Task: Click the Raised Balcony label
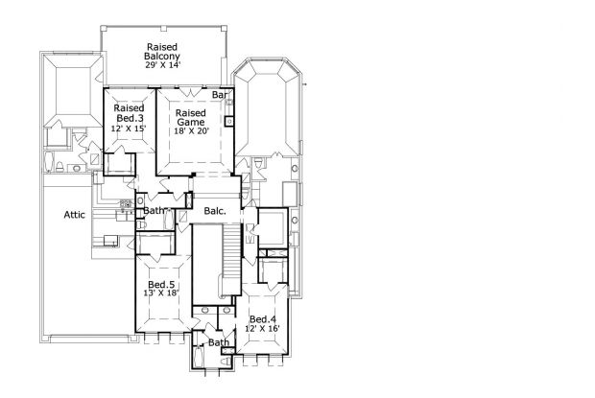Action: [162, 52]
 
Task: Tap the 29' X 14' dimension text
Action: [162, 65]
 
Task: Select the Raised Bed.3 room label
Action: [129, 113]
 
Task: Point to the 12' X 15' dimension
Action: [129, 129]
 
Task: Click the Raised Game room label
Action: [191, 118]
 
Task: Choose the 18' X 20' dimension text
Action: [192, 131]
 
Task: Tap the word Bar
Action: [220, 95]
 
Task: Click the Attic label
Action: [75, 215]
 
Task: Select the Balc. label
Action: [215, 211]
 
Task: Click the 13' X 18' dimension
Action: [161, 293]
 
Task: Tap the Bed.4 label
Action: [263, 319]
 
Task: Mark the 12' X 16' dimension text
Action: [262, 328]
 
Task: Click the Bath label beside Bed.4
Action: [219, 342]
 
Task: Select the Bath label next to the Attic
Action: [154, 211]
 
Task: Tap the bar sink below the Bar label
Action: [229, 121]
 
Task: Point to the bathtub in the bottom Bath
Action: [198, 357]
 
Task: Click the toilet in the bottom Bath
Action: [226, 361]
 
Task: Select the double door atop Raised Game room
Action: [190, 92]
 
